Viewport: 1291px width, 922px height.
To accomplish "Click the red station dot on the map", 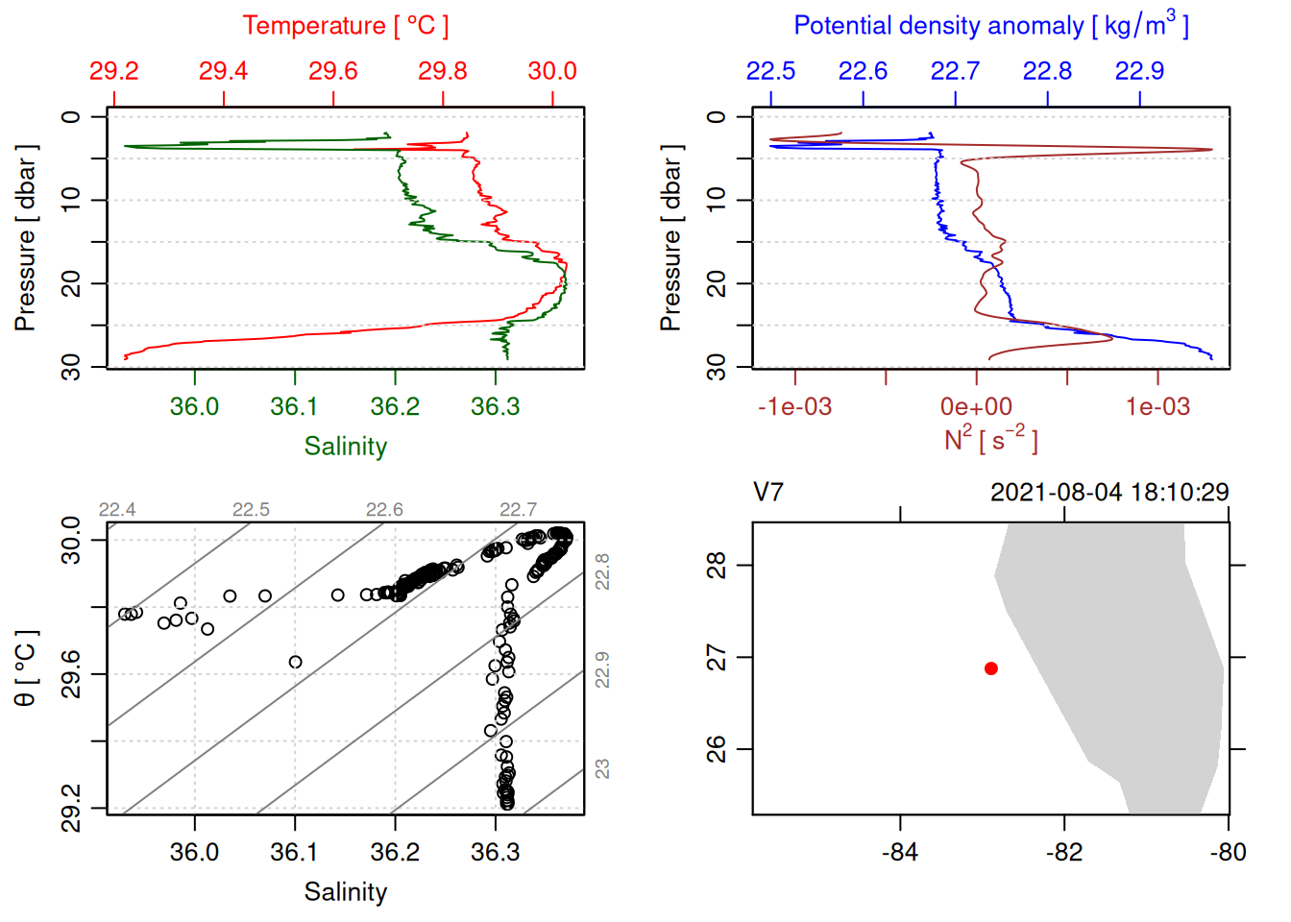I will [x=991, y=668].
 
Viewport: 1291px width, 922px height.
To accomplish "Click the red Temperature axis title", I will [x=345, y=26].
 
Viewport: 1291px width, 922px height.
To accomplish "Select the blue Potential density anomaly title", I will [x=990, y=26].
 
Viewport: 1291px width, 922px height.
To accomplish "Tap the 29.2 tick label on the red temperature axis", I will [x=113, y=71].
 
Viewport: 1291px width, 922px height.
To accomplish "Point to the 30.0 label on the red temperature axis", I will [x=552, y=71].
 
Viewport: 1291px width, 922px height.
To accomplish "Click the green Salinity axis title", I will [x=345, y=447].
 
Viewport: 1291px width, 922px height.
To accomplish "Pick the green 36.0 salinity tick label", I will [x=194, y=407].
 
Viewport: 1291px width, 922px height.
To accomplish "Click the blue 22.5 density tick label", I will [x=770, y=71].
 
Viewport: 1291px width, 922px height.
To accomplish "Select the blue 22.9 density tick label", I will [x=1139, y=71].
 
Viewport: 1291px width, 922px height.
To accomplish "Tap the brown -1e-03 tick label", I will [x=794, y=407].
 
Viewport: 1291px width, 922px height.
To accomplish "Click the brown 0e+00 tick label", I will [x=976, y=407].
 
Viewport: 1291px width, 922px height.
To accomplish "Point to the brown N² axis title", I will [x=990, y=440].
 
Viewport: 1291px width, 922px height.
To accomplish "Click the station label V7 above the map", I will [x=768, y=493].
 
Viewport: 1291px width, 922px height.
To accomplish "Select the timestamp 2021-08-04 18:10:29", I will [x=1109, y=493].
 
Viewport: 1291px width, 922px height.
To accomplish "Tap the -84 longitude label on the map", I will [x=900, y=852].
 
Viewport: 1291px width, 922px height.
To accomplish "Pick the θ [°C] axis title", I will [x=26, y=668].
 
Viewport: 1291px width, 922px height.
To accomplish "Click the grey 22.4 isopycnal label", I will [x=117, y=510].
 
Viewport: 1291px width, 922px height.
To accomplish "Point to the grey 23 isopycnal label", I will [x=602, y=769].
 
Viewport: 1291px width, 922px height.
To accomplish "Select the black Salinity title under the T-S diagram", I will [x=345, y=892].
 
